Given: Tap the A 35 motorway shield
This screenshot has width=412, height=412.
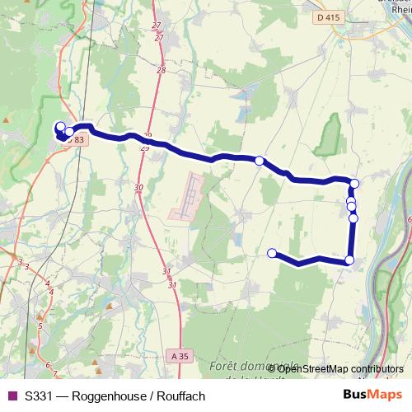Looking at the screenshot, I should point(181,356).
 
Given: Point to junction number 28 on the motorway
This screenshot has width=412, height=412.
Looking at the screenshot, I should point(161,71).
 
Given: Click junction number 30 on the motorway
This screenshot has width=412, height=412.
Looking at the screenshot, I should point(138,188).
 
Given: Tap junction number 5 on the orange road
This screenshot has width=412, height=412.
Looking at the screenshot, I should point(40,326).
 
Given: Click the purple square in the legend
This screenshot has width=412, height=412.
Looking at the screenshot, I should point(11,396).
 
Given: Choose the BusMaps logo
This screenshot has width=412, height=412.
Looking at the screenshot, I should point(372,395).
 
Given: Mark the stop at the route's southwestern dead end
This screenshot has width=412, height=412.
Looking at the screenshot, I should point(272,253).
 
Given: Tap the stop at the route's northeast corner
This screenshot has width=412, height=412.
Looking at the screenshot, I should point(355,184).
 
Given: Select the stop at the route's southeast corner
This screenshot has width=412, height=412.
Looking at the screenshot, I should point(349,260).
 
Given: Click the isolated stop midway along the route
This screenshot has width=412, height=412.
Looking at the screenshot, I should point(260,161).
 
